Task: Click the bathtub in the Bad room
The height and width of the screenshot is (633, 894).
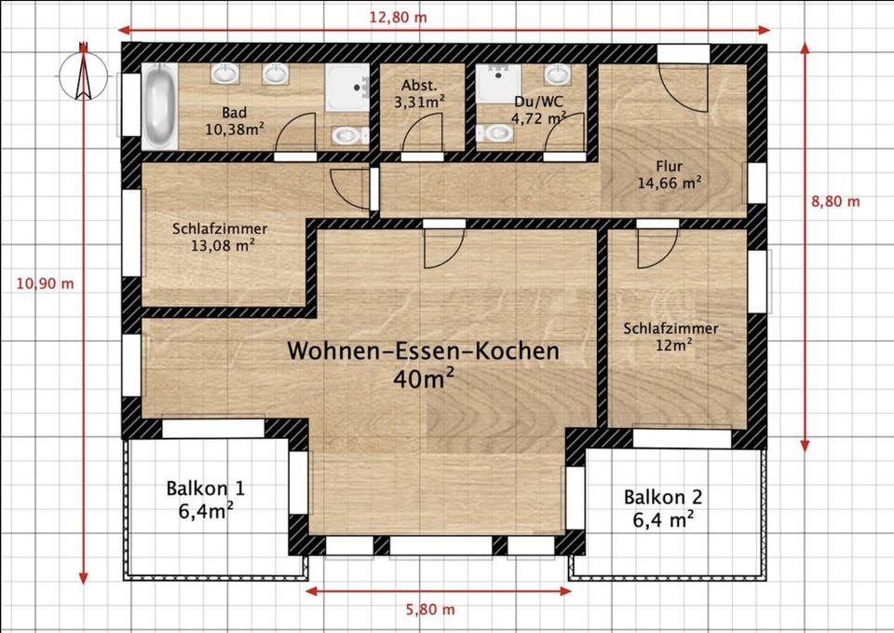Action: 158,106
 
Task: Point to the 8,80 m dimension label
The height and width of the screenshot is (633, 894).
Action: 835,200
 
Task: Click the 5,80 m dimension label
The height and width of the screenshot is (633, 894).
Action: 430,610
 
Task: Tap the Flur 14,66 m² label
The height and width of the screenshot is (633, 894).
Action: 669,175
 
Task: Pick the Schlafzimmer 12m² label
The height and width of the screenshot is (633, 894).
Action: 670,337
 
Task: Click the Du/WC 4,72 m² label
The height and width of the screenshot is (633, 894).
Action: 538,109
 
